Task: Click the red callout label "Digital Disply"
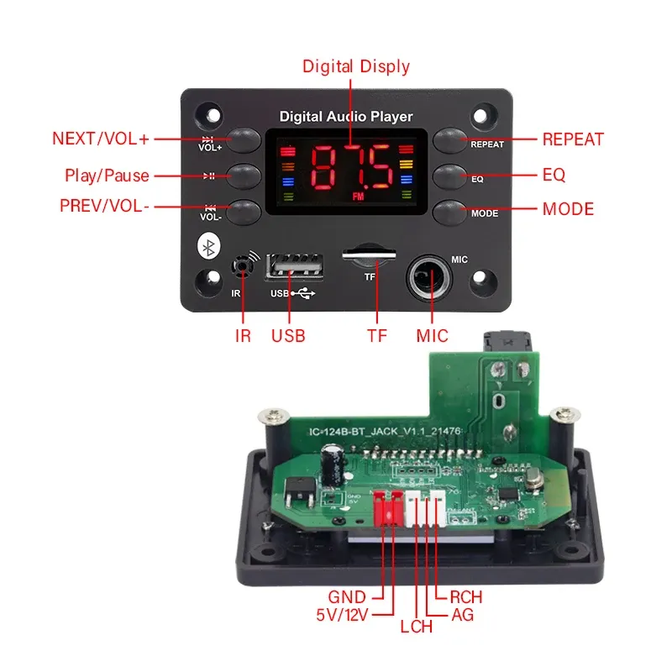[355, 66]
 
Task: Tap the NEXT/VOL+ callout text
[101, 139]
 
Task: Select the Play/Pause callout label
[107, 176]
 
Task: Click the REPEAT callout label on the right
[573, 139]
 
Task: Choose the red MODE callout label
[568, 208]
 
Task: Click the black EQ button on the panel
[449, 176]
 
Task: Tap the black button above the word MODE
[449, 211]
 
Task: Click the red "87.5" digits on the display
[352, 166]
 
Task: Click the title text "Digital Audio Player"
[345, 117]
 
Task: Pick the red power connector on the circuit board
[388, 509]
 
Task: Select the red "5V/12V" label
[344, 614]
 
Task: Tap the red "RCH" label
[465, 596]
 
